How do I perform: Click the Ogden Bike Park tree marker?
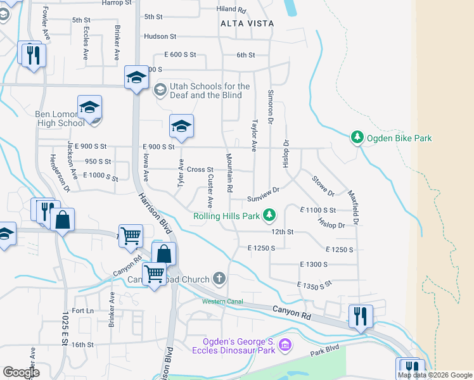357,137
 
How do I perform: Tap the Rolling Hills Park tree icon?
269,216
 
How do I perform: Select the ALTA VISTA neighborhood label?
247,23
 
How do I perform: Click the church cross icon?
219,279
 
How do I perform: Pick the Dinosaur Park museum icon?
285,345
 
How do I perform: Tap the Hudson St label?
159,37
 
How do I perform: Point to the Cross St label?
200,170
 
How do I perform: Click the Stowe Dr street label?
323,186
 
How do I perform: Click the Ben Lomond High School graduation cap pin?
90,108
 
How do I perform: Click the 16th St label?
82,345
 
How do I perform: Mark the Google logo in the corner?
21,372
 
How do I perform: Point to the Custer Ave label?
210,192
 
